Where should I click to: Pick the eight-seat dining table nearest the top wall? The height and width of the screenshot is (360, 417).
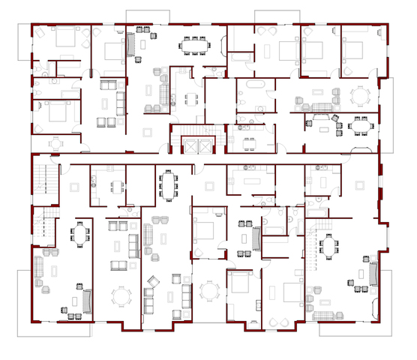pos(194,44)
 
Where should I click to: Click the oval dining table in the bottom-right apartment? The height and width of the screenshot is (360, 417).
pos(328,248)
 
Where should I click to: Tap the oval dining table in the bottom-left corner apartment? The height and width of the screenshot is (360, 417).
pos(79,235)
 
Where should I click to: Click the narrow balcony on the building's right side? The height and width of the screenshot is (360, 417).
pos(388,112)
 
